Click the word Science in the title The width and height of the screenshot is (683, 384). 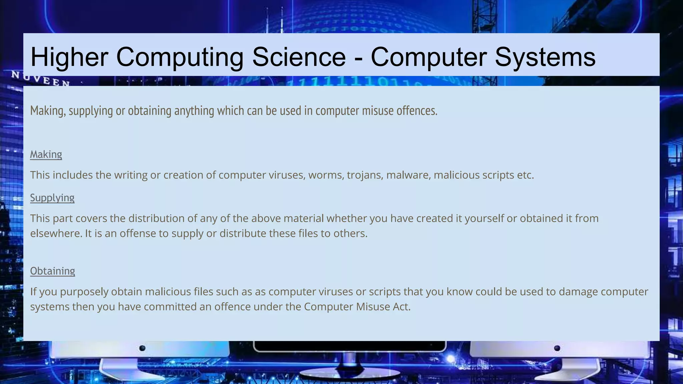pos(299,57)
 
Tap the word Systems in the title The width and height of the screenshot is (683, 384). pos(545,57)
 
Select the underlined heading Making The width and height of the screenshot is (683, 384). pos(46,154)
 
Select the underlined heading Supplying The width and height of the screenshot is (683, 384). pos(52,198)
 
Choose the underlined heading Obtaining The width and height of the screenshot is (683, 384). pos(53,271)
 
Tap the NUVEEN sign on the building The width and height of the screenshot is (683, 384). pos(40,79)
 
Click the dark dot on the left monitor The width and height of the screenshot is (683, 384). pos(142,348)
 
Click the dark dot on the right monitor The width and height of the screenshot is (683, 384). pos(557,348)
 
